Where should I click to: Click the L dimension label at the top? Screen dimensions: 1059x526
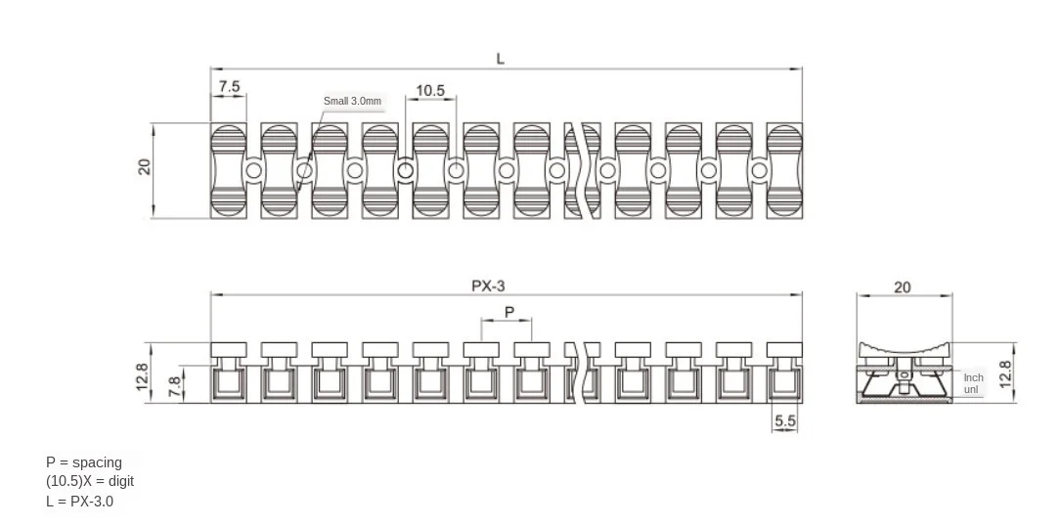coord(501,59)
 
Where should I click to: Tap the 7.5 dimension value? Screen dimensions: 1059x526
coord(229,86)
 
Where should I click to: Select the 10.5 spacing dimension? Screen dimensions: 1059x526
coord(430,91)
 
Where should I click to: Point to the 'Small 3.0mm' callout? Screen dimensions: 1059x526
coord(352,101)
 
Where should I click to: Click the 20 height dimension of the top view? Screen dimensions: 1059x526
coord(145,166)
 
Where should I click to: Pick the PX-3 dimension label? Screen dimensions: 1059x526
coord(488,285)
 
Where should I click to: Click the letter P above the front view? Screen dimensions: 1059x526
coord(509,311)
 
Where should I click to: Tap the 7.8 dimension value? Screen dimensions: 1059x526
coord(174,386)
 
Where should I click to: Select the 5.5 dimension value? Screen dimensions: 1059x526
coord(785,420)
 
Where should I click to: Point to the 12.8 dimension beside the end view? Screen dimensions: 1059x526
coord(1004,373)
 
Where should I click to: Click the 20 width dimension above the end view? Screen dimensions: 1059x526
coord(903,286)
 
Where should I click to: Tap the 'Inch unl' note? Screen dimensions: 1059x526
coord(973,383)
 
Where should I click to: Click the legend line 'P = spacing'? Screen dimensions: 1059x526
coord(84,461)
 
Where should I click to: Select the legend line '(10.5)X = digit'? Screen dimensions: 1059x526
coord(90,481)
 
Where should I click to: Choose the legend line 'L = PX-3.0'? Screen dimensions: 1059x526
coord(79,501)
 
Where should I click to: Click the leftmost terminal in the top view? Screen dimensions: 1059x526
coord(229,170)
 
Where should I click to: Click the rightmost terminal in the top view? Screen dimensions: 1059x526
coord(784,170)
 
